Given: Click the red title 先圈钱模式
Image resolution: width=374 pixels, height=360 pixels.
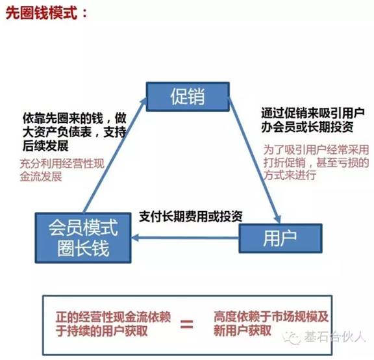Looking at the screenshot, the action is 42,13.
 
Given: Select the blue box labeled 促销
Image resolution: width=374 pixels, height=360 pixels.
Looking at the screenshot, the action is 188,96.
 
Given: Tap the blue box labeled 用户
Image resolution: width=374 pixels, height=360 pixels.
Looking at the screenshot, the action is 280,238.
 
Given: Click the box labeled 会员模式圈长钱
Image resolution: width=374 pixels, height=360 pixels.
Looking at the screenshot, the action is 83,238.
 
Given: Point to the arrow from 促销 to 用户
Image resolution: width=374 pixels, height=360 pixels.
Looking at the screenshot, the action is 255,160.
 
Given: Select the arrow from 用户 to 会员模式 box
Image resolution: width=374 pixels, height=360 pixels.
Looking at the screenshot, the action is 185,238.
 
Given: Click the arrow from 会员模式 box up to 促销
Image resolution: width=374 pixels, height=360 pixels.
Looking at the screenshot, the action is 115,155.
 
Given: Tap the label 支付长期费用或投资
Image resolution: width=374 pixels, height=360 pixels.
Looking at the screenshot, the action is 191,216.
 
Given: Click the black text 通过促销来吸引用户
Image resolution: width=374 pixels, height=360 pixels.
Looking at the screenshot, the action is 313,113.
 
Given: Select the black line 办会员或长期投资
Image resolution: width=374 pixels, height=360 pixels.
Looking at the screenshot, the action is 307,127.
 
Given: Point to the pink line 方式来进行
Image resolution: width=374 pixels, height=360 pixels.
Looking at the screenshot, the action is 290,175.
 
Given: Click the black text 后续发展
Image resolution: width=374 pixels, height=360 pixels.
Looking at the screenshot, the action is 45,146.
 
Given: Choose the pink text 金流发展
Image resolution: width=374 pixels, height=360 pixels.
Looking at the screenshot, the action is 41,177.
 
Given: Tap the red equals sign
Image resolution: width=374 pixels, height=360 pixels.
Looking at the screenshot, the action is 186,324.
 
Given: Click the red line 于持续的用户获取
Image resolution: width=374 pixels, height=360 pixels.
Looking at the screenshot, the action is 101,331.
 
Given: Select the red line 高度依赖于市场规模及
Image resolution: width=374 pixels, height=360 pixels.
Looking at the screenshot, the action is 271,317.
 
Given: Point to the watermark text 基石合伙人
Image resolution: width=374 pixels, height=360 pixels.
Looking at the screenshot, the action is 334,337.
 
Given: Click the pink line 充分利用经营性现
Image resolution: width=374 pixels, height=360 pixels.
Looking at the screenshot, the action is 62,164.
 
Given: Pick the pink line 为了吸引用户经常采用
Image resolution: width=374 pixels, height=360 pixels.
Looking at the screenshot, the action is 316,149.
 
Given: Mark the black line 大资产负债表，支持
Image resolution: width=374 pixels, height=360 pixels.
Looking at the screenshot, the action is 74,132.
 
